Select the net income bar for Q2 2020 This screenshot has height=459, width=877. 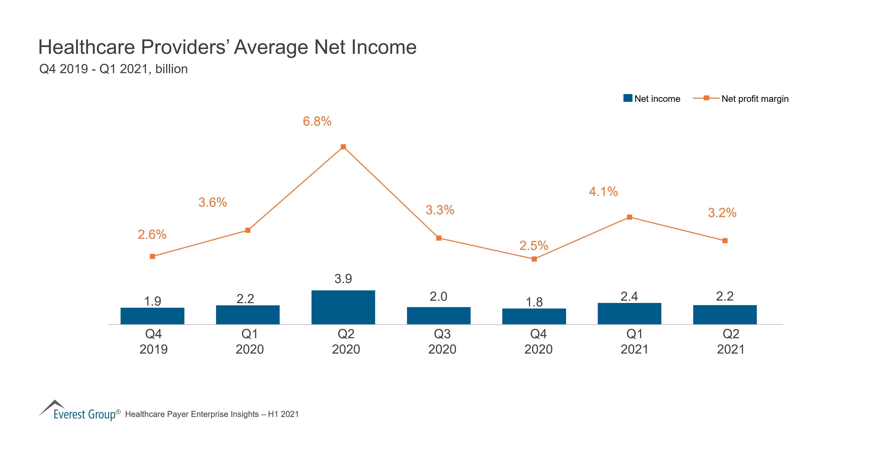(x=343, y=307)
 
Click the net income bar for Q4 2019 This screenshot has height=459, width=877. (x=152, y=316)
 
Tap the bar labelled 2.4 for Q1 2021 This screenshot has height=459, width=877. (x=629, y=313)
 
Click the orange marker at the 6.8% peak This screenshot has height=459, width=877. (x=343, y=147)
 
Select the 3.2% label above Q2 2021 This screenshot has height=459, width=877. (x=722, y=213)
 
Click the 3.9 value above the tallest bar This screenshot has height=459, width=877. (x=343, y=279)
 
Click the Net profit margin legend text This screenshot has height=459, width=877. (x=755, y=99)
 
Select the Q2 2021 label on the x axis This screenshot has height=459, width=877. (x=731, y=342)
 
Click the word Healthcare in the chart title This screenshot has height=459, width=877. (x=87, y=47)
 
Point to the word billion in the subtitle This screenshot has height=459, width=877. (x=171, y=69)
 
